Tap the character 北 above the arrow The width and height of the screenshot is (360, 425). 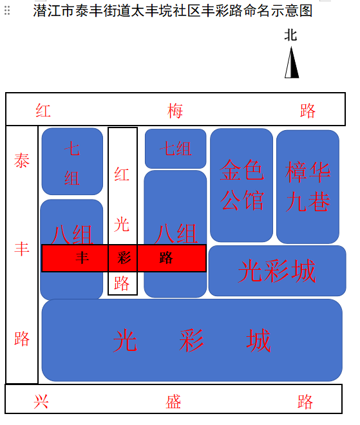pyautogui.click(x=290, y=35)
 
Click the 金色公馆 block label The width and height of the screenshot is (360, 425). pyautogui.click(x=242, y=185)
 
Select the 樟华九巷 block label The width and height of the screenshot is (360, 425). pyautogui.click(x=308, y=187)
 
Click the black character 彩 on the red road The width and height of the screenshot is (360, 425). pyautogui.click(x=124, y=258)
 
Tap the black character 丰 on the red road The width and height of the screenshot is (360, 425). pyautogui.click(x=82, y=258)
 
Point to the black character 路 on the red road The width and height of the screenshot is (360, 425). pyautogui.click(x=166, y=258)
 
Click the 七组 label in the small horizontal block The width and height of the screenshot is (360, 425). pyautogui.click(x=176, y=149)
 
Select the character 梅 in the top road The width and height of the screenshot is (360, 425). pyautogui.click(x=175, y=111)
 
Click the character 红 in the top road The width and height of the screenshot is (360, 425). pyautogui.click(x=43, y=110)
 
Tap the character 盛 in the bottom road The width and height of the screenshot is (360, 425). pyautogui.click(x=173, y=401)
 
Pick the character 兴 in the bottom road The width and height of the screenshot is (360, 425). pyautogui.click(x=41, y=401)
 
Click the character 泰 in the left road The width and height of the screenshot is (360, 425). pyautogui.click(x=22, y=160)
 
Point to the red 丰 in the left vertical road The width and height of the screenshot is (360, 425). pyautogui.click(x=22, y=249)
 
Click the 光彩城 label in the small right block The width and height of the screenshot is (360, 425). pyautogui.click(x=277, y=270)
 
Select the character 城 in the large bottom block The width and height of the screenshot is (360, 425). pyautogui.click(x=258, y=340)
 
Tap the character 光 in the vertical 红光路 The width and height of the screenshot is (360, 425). pyautogui.click(x=122, y=224)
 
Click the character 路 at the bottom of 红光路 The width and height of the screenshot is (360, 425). pyautogui.click(x=122, y=283)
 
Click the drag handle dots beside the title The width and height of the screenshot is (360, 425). pyautogui.click(x=7, y=10)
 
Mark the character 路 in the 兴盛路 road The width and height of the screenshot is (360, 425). pyautogui.click(x=305, y=401)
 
